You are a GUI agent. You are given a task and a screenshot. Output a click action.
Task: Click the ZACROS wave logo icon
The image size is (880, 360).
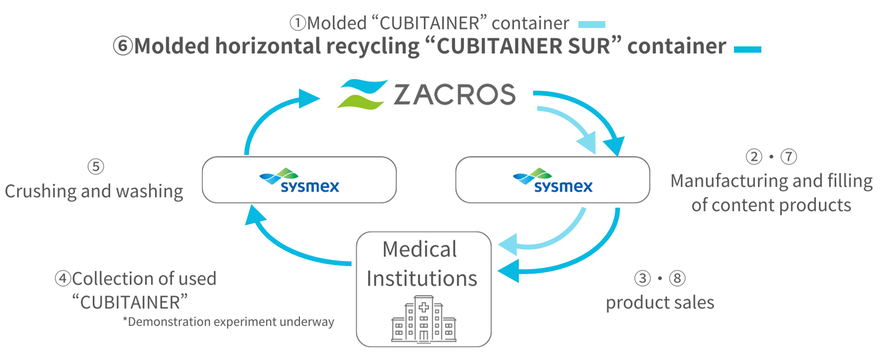pyautogui.click(x=362, y=94)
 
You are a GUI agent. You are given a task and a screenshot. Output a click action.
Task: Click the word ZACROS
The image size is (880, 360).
pyautogui.click(x=454, y=95)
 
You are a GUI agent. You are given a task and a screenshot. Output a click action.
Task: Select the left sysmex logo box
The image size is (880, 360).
pyautogui.click(x=299, y=180)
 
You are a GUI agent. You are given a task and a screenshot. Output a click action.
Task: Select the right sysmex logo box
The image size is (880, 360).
pyautogui.click(x=553, y=180)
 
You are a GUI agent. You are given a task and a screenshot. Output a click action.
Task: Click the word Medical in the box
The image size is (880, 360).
pyautogui.click(x=420, y=249)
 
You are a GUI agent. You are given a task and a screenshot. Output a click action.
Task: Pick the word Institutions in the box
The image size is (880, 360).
pyautogui.click(x=422, y=278)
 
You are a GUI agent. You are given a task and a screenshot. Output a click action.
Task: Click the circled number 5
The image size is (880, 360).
pyautogui.click(x=95, y=167)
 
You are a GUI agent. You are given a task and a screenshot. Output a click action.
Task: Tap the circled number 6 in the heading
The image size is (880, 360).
pyautogui.click(x=123, y=46)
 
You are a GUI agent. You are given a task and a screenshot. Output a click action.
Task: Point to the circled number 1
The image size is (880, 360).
pyautogui.click(x=298, y=23)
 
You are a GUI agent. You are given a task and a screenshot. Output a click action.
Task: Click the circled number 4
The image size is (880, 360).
pyautogui.click(x=63, y=278)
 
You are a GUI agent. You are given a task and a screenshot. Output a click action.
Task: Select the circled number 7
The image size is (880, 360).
pyautogui.click(x=789, y=157)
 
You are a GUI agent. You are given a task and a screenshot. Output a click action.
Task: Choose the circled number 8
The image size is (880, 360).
pyautogui.click(x=678, y=278)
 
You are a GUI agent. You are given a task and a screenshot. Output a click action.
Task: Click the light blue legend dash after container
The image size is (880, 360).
pyautogui.click(x=592, y=24)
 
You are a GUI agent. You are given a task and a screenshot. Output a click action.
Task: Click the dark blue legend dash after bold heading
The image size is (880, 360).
pyautogui.click(x=747, y=49)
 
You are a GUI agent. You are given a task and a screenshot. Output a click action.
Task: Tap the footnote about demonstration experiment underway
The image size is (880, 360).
pyautogui.click(x=228, y=322)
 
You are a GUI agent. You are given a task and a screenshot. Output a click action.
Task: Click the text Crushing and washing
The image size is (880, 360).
pyautogui.click(x=94, y=191)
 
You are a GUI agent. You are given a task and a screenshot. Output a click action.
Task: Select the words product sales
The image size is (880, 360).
pyautogui.click(x=660, y=303)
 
